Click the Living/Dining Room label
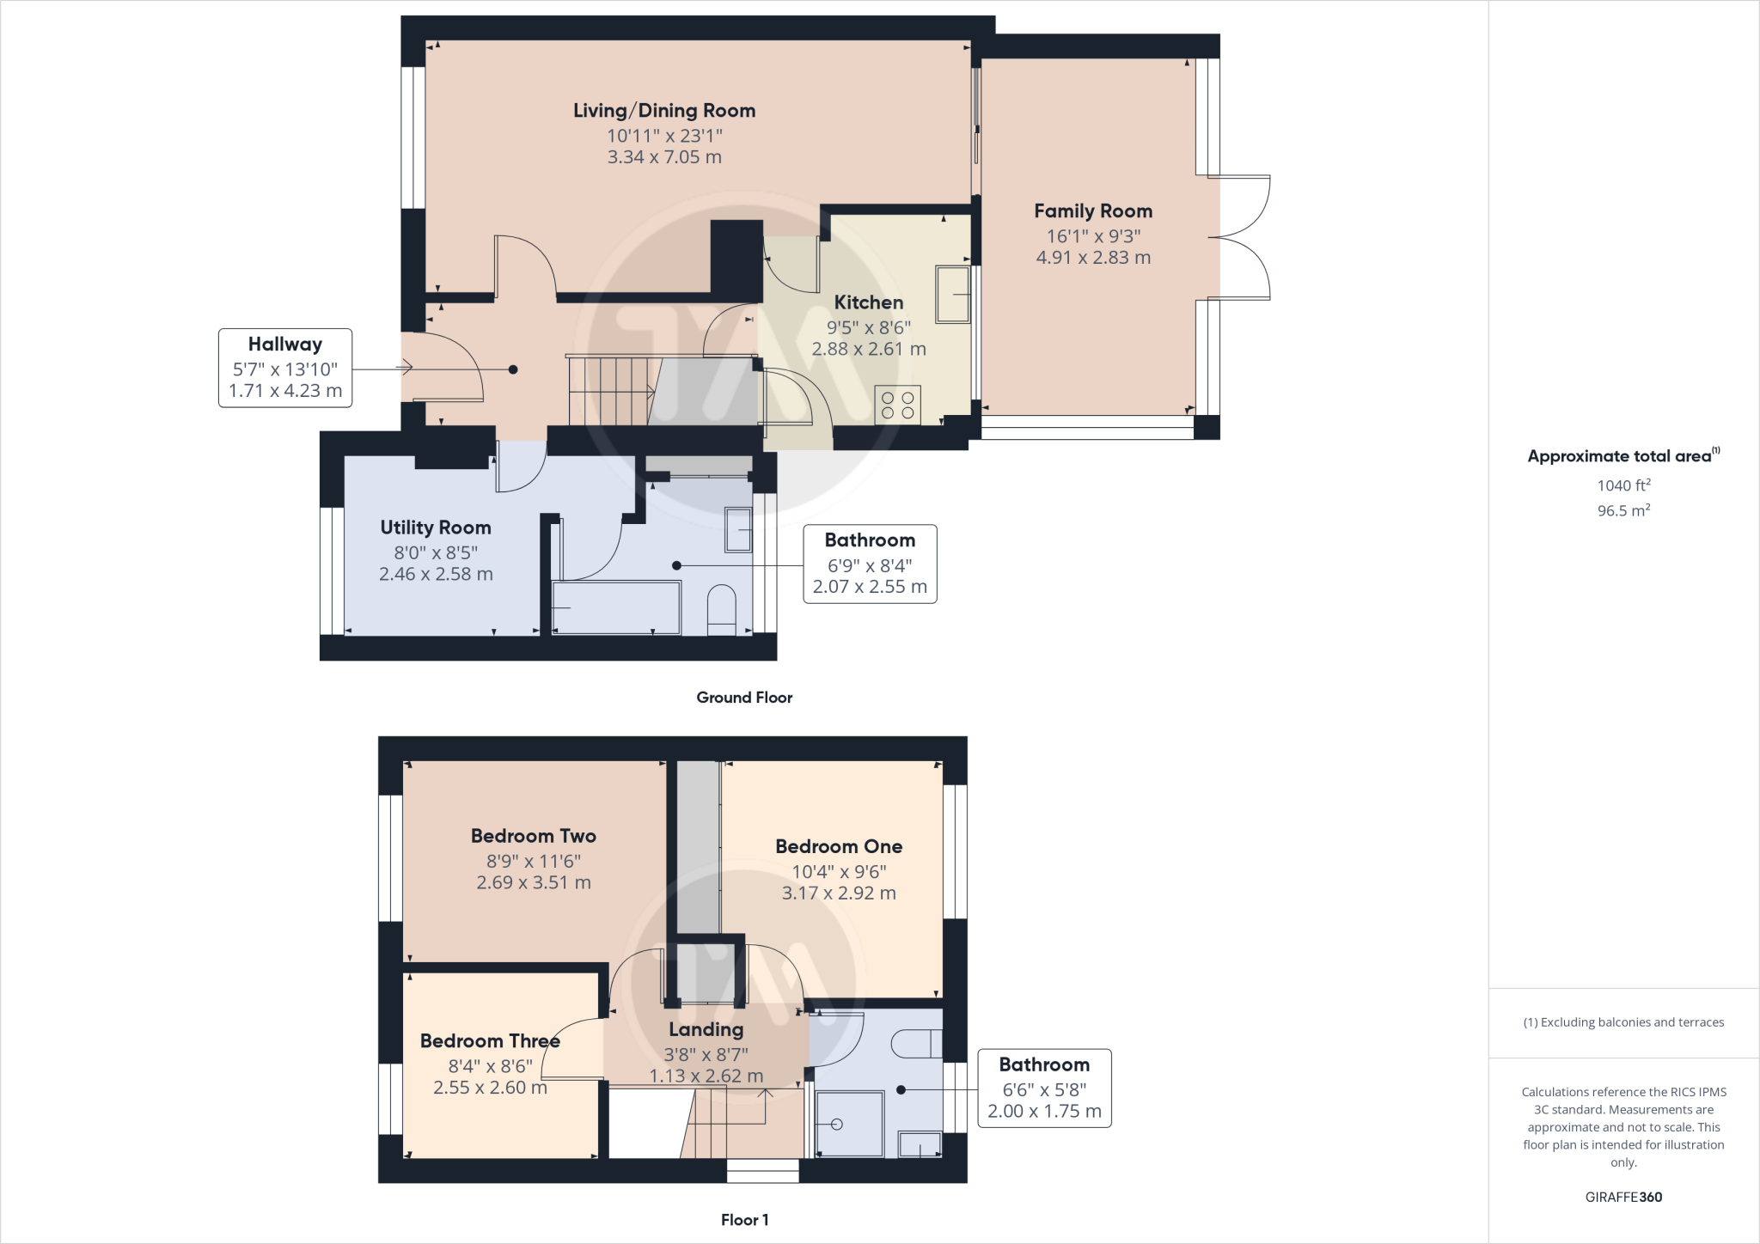[x=664, y=111]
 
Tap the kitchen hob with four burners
[x=897, y=405]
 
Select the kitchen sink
[x=952, y=295]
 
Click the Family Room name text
[x=1092, y=211]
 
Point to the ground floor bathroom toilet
[x=721, y=609]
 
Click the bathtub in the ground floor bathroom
[x=616, y=608]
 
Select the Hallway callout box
[x=285, y=368]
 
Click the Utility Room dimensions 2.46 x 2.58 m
[x=436, y=574]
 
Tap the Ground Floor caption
[x=744, y=698]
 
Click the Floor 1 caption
[x=744, y=1219]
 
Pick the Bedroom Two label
[x=533, y=836]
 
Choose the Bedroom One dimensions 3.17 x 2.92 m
[x=839, y=893]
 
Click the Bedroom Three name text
[x=490, y=1041]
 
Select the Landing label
[x=706, y=1029]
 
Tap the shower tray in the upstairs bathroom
[x=848, y=1124]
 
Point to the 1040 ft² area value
[x=1623, y=485]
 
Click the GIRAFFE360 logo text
[x=1623, y=1197]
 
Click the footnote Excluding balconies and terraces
[x=1623, y=1022]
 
